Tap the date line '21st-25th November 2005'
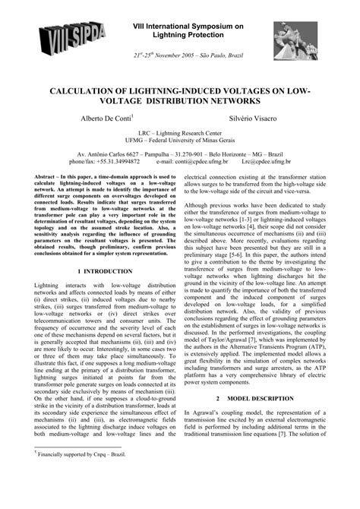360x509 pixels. (x=197, y=56)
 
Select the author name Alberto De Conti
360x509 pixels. (x=106, y=119)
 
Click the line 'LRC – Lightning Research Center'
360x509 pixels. (x=180, y=132)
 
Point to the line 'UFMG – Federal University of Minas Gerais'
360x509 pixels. (x=180, y=141)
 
